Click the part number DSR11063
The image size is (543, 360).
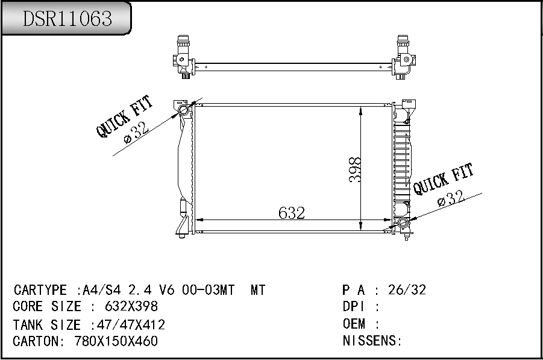[67, 19]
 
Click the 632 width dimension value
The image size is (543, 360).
[292, 213]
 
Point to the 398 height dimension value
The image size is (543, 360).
[355, 170]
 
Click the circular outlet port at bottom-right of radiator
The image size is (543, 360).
[403, 225]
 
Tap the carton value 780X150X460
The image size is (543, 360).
[116, 341]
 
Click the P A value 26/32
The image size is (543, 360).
[407, 290]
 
